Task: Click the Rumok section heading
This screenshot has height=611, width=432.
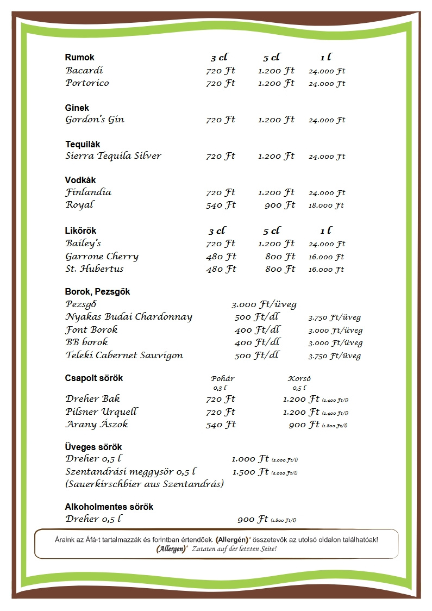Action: [79, 57]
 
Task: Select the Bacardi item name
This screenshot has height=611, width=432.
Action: [84, 71]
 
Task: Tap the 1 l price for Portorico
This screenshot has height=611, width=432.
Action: [327, 84]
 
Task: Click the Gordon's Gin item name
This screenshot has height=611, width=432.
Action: [95, 120]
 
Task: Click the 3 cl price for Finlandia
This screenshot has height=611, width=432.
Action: [221, 192]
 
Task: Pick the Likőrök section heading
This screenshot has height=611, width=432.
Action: [80, 231]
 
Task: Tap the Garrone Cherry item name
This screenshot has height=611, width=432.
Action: [102, 257]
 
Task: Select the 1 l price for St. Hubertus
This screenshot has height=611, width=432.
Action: [326, 270]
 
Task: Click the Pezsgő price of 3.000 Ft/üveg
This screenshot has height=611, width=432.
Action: [264, 304]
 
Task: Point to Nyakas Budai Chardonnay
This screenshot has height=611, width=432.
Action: [129, 317]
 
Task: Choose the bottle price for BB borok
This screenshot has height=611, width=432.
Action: [335, 343]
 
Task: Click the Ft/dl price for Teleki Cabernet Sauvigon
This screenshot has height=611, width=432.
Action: [257, 356]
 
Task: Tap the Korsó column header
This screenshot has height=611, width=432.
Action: [299, 379]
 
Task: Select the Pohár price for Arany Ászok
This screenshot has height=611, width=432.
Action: [221, 425]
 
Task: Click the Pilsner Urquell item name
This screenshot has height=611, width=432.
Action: [102, 412]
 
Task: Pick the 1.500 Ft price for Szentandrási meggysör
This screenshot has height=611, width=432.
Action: [251, 472]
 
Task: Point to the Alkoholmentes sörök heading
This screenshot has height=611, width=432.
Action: [109, 507]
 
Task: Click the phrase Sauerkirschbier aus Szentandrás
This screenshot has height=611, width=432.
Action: [145, 484]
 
